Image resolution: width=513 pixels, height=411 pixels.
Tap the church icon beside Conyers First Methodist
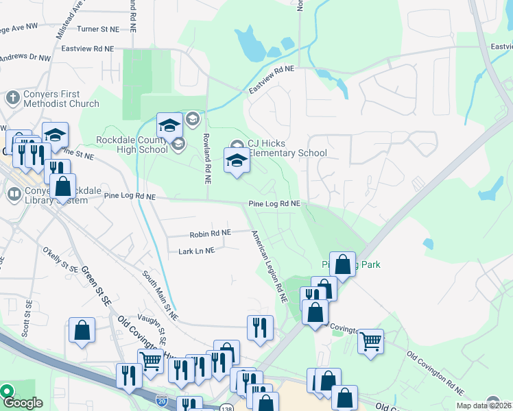(13, 99)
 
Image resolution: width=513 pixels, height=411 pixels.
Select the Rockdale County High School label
(132, 144)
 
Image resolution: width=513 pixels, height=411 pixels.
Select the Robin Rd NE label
(210, 234)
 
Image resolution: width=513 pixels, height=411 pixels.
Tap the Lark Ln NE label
(196, 251)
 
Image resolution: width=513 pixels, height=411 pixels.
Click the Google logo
(22, 403)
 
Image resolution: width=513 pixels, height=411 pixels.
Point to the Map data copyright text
(484, 406)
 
